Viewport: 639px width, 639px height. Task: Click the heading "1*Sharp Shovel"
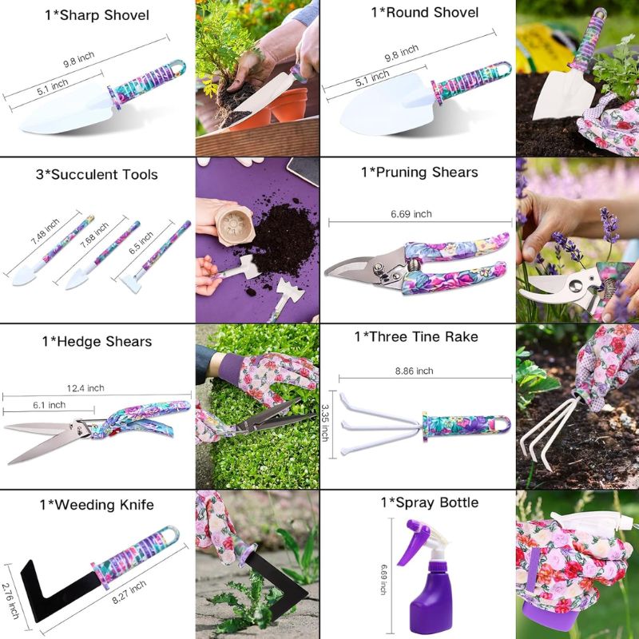[x=97, y=15]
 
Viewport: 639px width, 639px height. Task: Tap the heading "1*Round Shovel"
[x=424, y=13]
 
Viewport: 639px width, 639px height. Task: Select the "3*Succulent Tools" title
[x=97, y=175]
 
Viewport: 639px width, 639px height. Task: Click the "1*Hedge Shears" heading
[x=97, y=342]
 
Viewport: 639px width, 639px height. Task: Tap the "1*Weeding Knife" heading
[x=97, y=505]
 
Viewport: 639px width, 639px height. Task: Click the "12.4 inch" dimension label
[x=85, y=388]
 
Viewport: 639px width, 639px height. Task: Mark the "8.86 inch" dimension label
[x=414, y=371]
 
